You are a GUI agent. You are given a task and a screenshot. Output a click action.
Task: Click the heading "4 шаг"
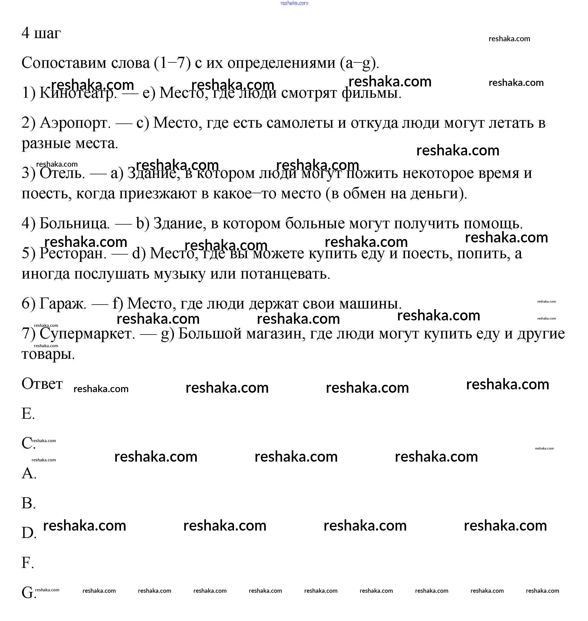[x=41, y=33]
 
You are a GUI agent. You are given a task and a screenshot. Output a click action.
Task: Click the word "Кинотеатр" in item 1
[x=78, y=93]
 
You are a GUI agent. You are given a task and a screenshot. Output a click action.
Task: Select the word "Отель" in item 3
[x=62, y=173]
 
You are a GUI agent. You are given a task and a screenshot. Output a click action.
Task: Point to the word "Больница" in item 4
[x=74, y=223]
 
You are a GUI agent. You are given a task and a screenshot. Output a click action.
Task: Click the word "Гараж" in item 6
[x=63, y=303]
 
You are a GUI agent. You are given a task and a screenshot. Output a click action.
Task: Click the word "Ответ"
[x=42, y=384]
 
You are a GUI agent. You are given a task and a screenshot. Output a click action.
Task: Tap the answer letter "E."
[x=28, y=414]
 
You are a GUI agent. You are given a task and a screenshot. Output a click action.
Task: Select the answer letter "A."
[x=29, y=473]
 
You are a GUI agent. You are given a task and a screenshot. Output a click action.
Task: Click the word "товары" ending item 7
[x=48, y=354]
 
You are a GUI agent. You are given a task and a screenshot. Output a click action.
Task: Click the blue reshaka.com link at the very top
[x=294, y=3]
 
